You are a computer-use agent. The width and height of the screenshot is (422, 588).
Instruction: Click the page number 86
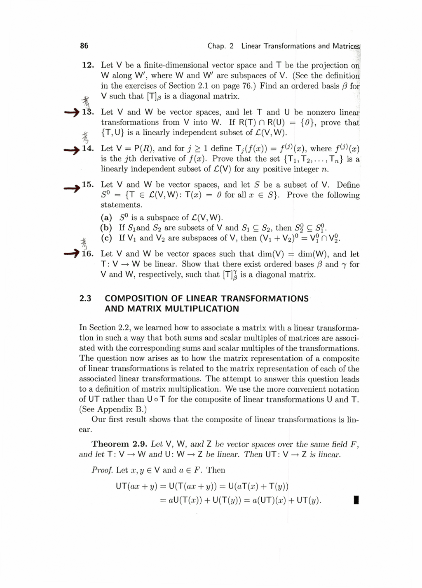[x=84, y=46]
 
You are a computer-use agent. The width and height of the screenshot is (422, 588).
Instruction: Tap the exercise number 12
[x=88, y=65]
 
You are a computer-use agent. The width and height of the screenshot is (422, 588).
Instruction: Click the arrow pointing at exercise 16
[x=72, y=254]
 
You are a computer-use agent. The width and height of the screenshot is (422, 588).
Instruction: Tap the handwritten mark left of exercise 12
[x=86, y=100]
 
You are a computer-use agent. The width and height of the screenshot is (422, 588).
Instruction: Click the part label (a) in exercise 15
[x=106, y=218]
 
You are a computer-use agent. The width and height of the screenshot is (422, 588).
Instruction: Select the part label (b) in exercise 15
[x=106, y=228]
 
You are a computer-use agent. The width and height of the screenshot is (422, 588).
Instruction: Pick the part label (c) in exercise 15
[x=106, y=238]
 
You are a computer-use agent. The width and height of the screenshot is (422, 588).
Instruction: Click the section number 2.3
[x=85, y=299]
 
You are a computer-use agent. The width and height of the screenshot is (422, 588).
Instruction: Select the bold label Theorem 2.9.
[x=120, y=444]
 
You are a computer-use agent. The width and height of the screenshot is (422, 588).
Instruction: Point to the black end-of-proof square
[x=356, y=501]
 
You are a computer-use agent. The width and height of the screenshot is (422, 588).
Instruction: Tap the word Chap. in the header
[x=216, y=46]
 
